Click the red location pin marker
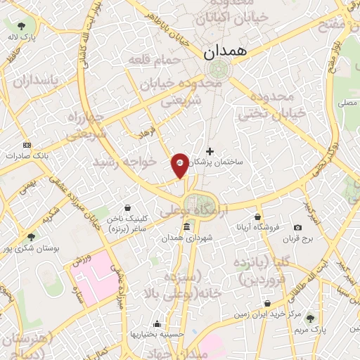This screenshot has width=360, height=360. point(180,165)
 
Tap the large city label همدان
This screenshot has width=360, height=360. point(224,53)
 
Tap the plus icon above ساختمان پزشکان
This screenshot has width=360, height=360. point(210,150)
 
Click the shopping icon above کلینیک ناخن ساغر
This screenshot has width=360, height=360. point(127,208)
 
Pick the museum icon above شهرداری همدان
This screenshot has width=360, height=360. point(186,227)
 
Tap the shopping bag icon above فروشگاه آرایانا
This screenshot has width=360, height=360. point(258,217)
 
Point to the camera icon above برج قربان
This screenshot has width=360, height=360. point(298,227)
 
